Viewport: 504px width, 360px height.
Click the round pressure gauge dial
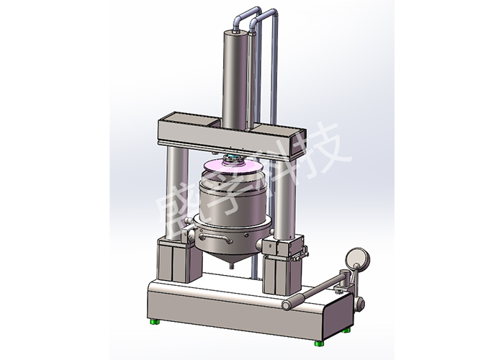click(358, 258)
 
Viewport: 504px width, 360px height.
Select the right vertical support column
click(284, 199)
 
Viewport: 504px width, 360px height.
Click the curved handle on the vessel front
click(215, 238)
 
